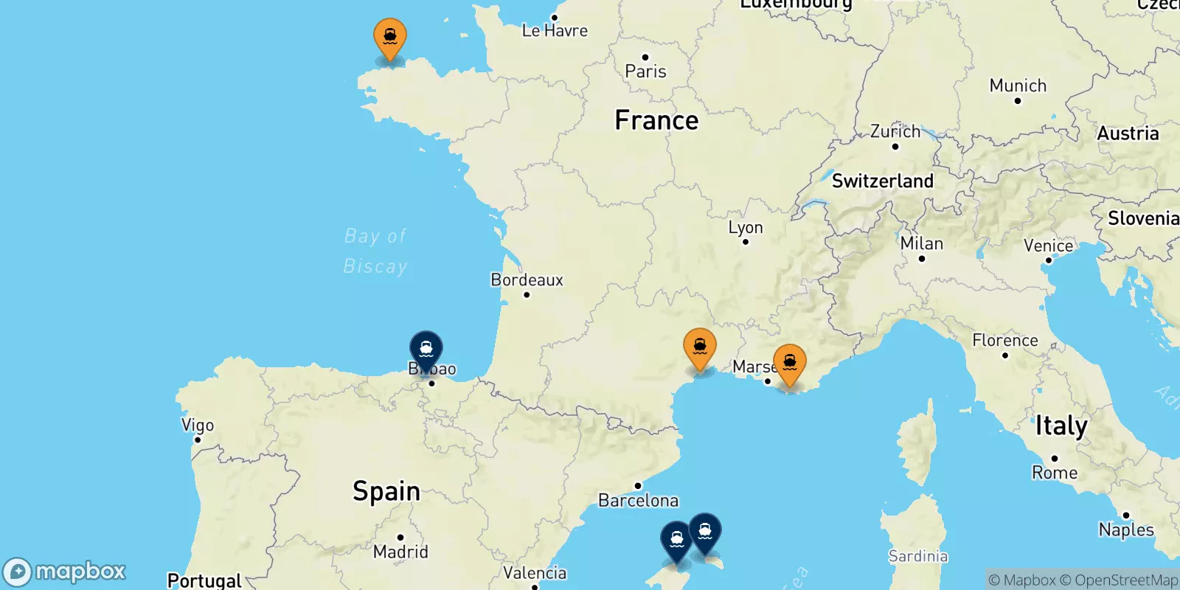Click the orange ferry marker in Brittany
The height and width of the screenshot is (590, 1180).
pyautogui.click(x=389, y=36)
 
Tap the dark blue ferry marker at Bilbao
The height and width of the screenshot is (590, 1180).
pyautogui.click(x=426, y=349)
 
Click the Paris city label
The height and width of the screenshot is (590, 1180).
pyautogui.click(x=645, y=72)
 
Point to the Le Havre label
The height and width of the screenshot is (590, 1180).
pyautogui.click(x=555, y=31)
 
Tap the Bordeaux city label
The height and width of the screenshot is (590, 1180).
pyautogui.click(x=527, y=280)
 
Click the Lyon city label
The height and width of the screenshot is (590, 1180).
pyautogui.click(x=746, y=228)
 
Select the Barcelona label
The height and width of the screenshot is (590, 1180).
pyautogui.click(x=638, y=501)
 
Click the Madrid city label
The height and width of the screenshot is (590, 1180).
pyautogui.click(x=400, y=552)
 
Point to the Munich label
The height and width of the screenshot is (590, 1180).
pyautogui.click(x=1018, y=86)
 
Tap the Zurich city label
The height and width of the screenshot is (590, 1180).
pyautogui.click(x=895, y=131)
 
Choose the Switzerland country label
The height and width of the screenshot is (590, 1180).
pyautogui.click(x=882, y=181)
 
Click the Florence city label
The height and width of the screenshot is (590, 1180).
pyautogui.click(x=1004, y=340)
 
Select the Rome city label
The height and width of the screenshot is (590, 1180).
pyautogui.click(x=1055, y=473)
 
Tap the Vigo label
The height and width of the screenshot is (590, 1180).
pyautogui.click(x=198, y=425)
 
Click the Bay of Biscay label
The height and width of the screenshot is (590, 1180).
pyautogui.click(x=375, y=251)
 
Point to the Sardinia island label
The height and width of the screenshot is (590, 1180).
pyautogui.click(x=918, y=556)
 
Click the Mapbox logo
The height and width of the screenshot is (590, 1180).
pyautogui.click(x=65, y=572)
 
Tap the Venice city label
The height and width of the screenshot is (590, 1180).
pyautogui.click(x=1048, y=246)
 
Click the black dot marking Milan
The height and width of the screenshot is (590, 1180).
pyautogui.click(x=922, y=259)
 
